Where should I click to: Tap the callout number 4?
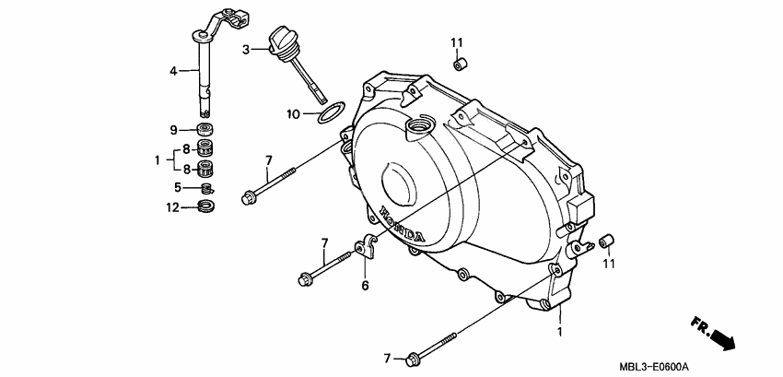coord(172,70)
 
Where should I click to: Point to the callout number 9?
coord(172,129)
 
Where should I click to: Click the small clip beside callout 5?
coord(208,189)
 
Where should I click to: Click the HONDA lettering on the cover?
coord(397,226)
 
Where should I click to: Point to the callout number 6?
coord(364,286)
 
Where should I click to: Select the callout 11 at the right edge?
coord(607,265)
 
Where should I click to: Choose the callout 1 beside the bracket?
coord(157,159)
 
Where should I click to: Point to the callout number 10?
coord(293,115)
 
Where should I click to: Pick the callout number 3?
coord(247,50)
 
